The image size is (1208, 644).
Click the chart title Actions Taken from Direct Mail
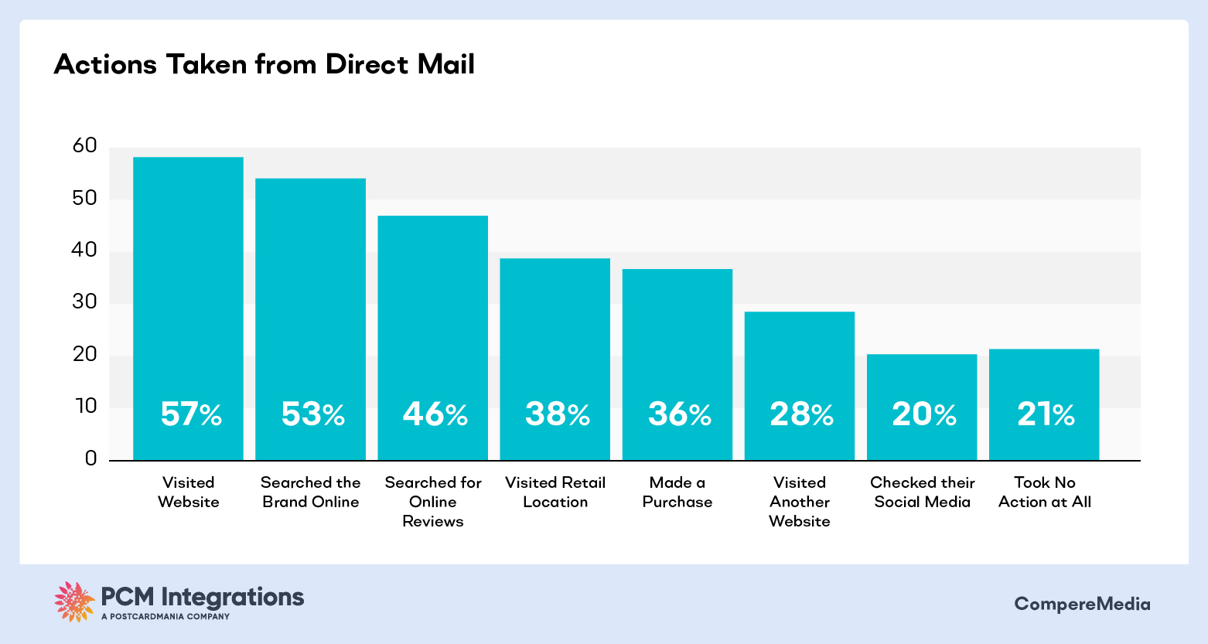[264, 65]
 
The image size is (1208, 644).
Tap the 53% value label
[312, 415]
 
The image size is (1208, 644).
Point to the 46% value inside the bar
[435, 415]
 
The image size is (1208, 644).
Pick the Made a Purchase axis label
[677, 492]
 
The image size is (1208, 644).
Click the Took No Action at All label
[1045, 492]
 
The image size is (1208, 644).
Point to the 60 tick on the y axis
[85, 146]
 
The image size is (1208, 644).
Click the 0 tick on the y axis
[91, 459]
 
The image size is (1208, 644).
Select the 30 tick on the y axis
[85, 302]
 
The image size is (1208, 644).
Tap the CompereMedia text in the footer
[1082, 604]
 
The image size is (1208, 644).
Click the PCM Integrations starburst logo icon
[74, 601]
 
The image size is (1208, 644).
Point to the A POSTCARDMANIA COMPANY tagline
[166, 617]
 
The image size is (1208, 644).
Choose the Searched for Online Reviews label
[433, 502]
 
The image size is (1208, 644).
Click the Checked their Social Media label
[923, 492]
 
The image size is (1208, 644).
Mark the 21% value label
[1046, 415]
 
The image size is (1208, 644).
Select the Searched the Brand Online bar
[311, 309]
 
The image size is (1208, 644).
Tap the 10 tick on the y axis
[85, 407]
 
